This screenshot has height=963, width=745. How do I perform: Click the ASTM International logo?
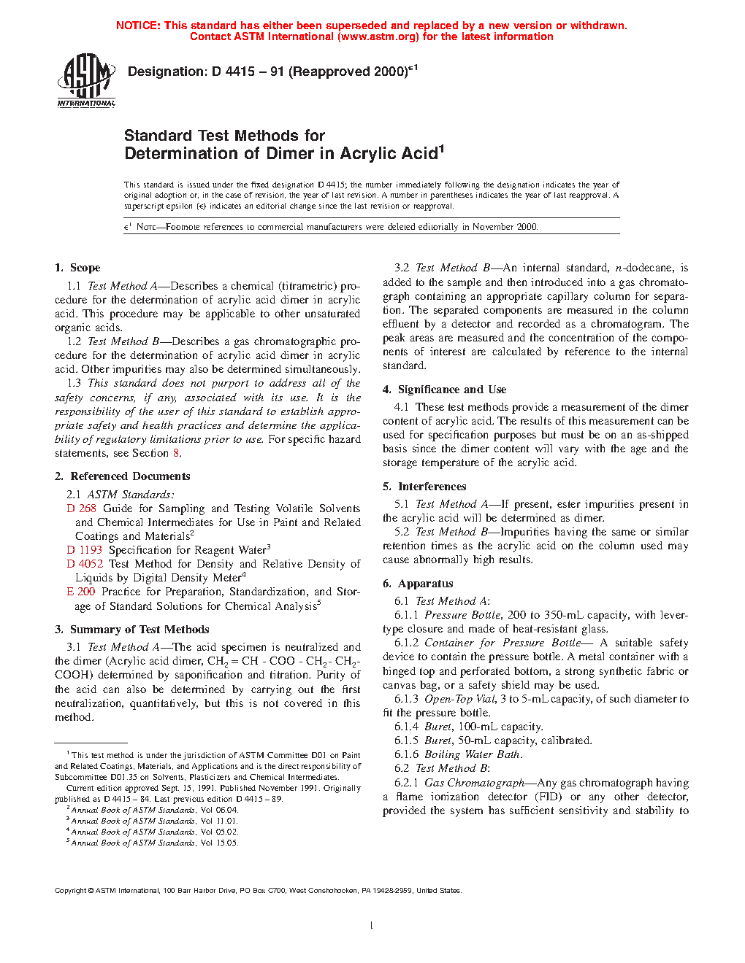click(86, 80)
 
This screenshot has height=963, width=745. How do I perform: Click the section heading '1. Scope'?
click(77, 268)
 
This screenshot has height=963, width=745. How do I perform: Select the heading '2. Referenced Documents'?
click(122, 476)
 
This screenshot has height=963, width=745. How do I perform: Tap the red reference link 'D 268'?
click(81, 508)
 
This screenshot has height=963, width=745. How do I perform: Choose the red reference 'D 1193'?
click(84, 550)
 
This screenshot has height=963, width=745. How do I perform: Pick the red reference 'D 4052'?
click(84, 564)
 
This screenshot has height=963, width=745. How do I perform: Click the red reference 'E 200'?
click(80, 592)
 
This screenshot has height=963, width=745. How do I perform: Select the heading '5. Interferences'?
click(424, 487)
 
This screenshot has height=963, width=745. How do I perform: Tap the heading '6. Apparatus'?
click(418, 584)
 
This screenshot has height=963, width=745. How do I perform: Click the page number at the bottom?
click(372, 926)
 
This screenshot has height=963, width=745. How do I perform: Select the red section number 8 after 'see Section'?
click(175, 453)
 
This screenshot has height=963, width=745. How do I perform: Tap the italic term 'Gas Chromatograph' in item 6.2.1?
click(474, 783)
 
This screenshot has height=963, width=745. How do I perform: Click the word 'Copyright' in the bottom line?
click(71, 891)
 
